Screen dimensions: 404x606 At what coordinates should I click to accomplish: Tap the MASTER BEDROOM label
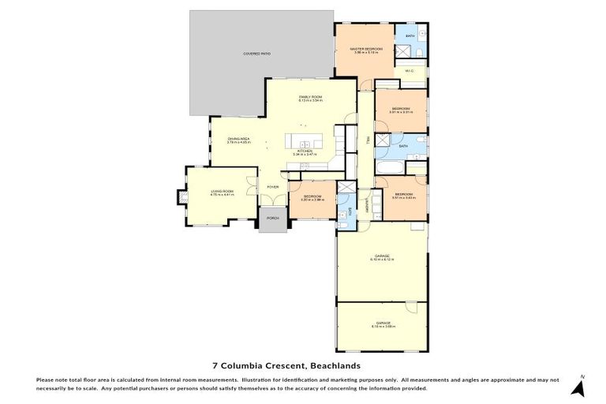tap(366, 50)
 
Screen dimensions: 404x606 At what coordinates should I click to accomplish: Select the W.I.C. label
tap(410, 71)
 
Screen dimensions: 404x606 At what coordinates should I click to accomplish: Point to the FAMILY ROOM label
tap(310, 97)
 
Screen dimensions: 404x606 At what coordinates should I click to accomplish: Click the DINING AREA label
tap(238, 140)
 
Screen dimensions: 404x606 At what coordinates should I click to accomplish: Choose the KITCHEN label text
tap(305, 151)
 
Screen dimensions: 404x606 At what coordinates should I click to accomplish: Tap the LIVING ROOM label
tap(222, 192)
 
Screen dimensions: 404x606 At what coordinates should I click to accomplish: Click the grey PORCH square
tap(273, 219)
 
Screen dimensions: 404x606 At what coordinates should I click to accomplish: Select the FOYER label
tap(272, 187)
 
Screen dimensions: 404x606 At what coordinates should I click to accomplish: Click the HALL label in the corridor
tap(368, 140)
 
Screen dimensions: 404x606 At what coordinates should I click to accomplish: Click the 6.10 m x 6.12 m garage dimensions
tap(382, 259)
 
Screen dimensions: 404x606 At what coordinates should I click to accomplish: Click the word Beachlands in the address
tap(335, 366)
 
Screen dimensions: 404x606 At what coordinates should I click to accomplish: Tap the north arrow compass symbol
tap(578, 387)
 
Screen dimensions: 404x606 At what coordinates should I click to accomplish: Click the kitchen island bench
tap(305, 140)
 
